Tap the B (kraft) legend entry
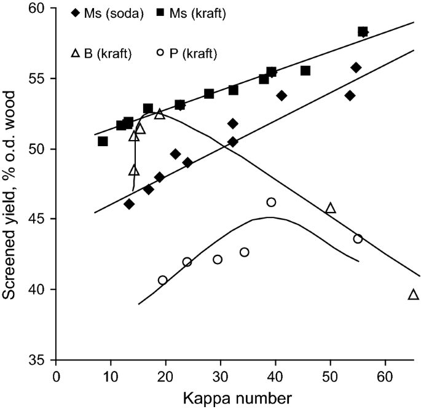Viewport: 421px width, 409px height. coord(104,53)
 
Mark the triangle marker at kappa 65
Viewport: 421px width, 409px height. coord(413,295)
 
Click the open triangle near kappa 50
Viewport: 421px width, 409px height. coord(331,208)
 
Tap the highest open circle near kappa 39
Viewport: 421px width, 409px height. coord(271,202)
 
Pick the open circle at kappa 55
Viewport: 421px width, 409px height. coord(358,239)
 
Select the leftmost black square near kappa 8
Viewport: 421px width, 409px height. coord(103,141)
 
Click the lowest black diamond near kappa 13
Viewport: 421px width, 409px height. coord(129,204)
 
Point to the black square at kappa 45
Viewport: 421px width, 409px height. coord(305,71)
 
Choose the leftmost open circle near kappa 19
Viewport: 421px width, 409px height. coord(162,280)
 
